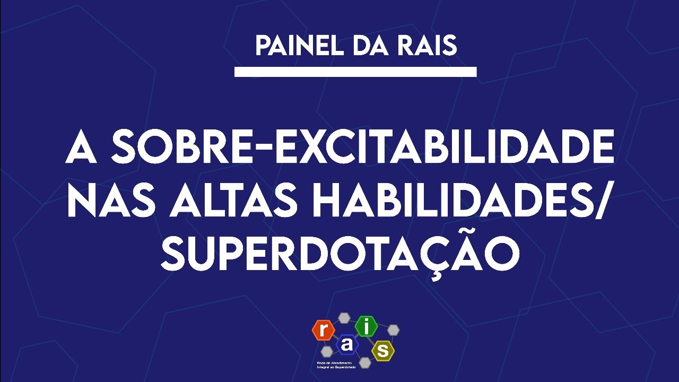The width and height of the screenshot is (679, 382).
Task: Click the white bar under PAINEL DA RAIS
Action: coord(355,72)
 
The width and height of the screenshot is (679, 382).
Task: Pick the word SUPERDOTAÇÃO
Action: coord(339,254)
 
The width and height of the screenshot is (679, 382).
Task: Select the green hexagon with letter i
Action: coord(366,326)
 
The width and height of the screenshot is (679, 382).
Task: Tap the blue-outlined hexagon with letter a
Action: coord(347,345)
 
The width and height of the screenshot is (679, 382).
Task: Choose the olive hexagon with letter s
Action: coord(383,350)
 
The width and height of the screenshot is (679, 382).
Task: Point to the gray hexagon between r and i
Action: coord(345,318)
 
